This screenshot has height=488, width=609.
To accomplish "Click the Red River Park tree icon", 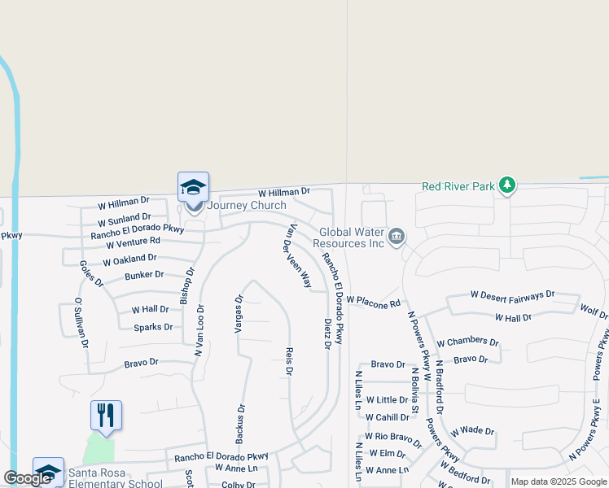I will coord(507,185).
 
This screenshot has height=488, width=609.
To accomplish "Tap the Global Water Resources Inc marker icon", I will coord(397,237).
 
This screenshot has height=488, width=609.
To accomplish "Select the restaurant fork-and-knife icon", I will coord(106,415).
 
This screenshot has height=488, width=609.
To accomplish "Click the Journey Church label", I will coord(247,205).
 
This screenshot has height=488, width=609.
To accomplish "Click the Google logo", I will coord(27,478).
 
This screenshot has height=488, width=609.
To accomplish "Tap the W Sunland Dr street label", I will coord(125,219).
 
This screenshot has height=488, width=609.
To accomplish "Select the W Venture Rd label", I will coord(132,242).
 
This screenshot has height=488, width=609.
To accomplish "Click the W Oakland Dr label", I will coord(129,259).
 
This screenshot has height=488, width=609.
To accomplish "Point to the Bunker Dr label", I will coord(144,275).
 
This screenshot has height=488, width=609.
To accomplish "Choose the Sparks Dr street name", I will coord(153,327).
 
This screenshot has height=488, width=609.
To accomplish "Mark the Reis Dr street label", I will coord(288,361).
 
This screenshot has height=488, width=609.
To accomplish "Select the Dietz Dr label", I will coord(327,333).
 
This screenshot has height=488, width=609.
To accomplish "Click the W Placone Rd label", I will coord(374,302).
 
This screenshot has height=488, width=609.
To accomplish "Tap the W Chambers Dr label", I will coord(467,342).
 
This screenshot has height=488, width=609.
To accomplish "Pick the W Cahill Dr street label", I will coord(387,417).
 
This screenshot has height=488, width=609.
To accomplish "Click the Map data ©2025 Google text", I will coord(559,481).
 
